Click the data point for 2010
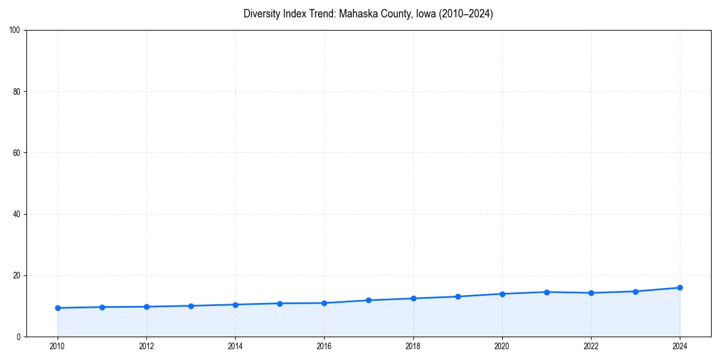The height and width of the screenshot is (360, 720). [58, 308]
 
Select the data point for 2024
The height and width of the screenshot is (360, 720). [680, 287]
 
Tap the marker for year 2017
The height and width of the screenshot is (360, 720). [368, 300]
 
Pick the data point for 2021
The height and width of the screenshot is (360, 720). [547, 292]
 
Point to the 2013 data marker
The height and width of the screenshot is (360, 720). [191, 306]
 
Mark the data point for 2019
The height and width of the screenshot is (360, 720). [458, 296]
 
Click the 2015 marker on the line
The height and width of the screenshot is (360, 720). [280, 303]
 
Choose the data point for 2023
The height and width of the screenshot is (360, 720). [635, 292]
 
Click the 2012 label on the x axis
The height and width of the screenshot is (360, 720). [146, 346]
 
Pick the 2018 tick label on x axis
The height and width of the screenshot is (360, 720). [413, 346]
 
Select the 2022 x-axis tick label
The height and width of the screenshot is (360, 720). [591, 346]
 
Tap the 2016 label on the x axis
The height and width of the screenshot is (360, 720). [324, 346]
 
